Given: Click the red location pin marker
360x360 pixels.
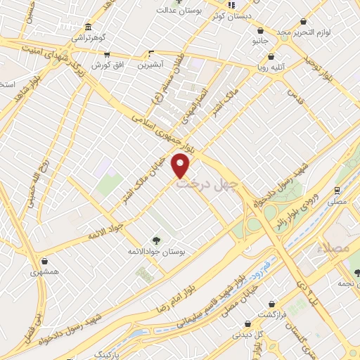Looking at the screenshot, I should pyautogui.click(x=181, y=165).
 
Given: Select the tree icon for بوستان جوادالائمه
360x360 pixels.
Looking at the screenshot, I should pyautogui.click(x=156, y=239).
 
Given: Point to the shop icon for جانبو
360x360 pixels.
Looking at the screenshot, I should pyautogui.click(x=262, y=30).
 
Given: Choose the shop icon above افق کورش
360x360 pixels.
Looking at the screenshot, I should pyautogui.click(x=106, y=53).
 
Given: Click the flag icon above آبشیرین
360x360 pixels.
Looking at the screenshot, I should pyautogui.click(x=151, y=53).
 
